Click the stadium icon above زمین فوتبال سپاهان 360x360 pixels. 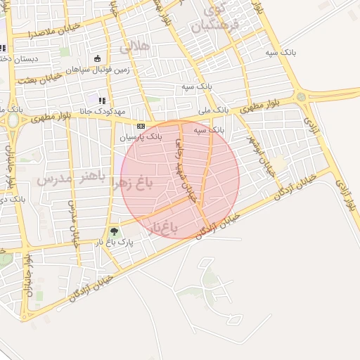[x=98, y=58]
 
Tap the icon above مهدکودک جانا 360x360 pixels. [x=102, y=101]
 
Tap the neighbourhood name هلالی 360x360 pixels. [x=135, y=48]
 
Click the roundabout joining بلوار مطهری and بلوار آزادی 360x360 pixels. [x=301, y=96]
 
